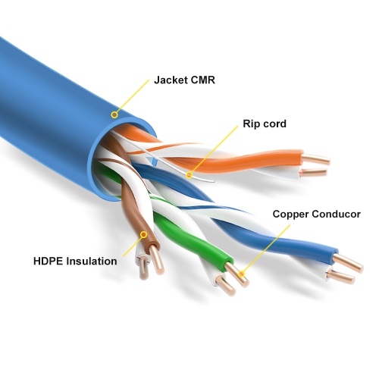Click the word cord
[x=274, y=124]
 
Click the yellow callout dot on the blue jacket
[x=114, y=115]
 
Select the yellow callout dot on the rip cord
[x=189, y=175]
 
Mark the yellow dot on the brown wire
[x=142, y=236]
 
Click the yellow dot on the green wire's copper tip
[x=242, y=274]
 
